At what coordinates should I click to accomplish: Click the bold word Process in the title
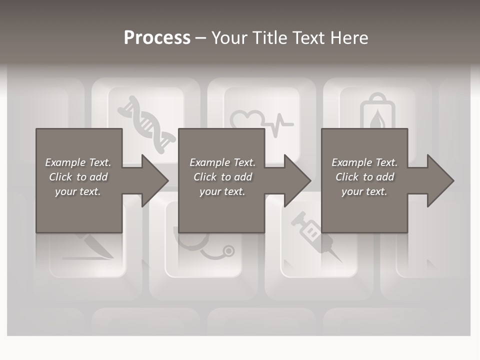[157, 38]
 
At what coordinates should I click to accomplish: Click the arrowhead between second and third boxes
[297, 180]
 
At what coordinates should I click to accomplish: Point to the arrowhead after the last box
[439, 180]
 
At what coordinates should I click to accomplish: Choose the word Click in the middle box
[205, 177]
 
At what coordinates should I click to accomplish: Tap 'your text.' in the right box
[364, 191]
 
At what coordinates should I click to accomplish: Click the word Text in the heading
[306, 38]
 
